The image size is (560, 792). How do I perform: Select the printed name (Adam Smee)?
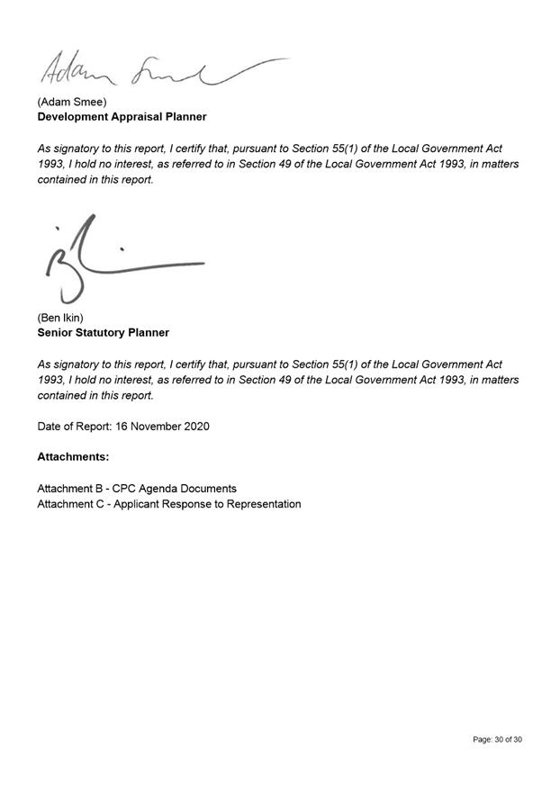[x=72, y=102]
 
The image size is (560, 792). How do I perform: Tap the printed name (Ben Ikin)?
[x=60, y=318]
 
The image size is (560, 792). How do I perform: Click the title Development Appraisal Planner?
[x=122, y=117]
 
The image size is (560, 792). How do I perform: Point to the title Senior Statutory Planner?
[x=103, y=333]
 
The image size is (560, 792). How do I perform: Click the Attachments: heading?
[x=73, y=457]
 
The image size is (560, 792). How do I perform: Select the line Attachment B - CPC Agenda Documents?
[x=137, y=489]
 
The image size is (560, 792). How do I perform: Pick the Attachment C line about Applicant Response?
[x=168, y=504]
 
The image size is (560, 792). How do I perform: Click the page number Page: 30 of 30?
[x=497, y=740]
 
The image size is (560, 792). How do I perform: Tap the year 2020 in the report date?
[x=195, y=426]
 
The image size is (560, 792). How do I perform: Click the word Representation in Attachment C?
[x=262, y=504]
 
